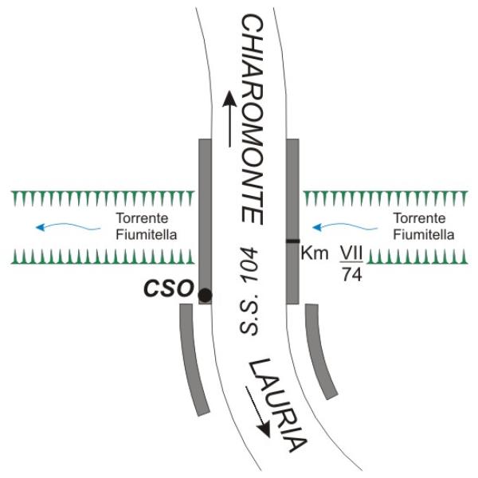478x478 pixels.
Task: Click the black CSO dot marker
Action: click(x=205, y=295)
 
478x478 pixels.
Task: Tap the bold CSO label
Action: click(x=169, y=288)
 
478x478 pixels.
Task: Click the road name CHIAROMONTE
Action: click(x=252, y=119)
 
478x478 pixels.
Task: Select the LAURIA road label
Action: click(x=277, y=406)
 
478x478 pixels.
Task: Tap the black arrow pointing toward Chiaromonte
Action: click(x=229, y=118)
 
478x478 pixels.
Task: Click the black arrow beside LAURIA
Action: click(x=258, y=412)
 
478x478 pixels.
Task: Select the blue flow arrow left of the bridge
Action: click(x=68, y=226)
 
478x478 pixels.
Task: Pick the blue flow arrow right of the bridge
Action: click(x=345, y=226)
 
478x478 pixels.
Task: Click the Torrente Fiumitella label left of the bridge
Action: click(x=147, y=226)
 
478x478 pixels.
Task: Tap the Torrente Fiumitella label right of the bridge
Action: click(x=424, y=226)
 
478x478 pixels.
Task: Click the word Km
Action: click(x=315, y=253)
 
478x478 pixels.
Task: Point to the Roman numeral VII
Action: click(x=351, y=253)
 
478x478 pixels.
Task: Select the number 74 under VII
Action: click(x=352, y=275)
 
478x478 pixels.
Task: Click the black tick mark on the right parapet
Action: click(x=292, y=241)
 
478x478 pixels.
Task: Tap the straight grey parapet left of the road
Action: click(x=205, y=221)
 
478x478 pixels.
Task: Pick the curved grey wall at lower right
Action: click(x=320, y=351)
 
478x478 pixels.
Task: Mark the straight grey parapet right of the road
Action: click(x=292, y=221)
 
